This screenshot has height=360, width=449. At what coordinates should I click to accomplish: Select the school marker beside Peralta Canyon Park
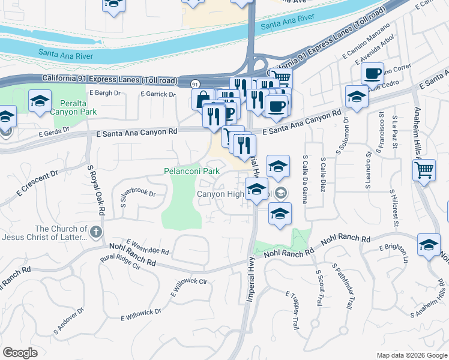40,101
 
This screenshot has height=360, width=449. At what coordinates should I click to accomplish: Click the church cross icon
95,231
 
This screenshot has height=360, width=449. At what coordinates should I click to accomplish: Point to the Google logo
20,353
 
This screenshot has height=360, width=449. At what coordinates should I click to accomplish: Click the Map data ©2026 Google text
411,355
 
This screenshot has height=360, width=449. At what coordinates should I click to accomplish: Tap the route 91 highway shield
195,83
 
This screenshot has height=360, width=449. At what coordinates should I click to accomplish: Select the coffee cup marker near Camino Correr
372,74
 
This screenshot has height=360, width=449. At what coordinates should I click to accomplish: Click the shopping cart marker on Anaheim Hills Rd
424,170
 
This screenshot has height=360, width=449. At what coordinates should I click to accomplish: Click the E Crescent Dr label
36,183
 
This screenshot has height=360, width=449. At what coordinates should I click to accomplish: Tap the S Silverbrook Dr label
138,199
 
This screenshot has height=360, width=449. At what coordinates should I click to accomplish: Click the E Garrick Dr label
158,94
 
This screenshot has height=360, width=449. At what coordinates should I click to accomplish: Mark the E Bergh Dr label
105,93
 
